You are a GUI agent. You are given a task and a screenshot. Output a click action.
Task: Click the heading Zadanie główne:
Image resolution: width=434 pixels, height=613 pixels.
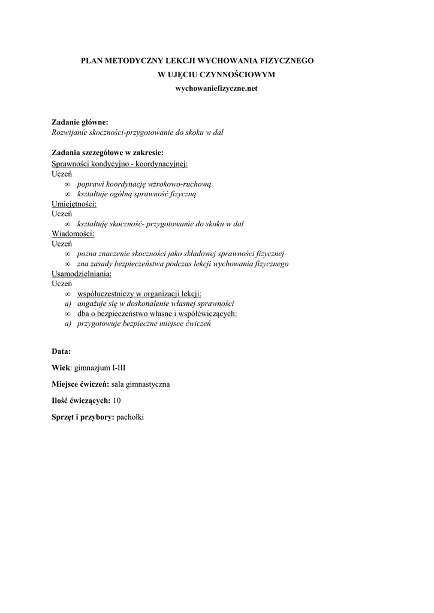point(80,122)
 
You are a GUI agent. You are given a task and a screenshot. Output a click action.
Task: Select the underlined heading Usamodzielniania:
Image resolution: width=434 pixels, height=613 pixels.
point(82,273)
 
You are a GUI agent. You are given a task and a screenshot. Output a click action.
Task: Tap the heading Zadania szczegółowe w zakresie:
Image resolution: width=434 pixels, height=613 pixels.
point(107,152)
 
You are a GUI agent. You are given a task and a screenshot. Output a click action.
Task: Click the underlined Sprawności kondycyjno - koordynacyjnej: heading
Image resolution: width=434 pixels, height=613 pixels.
point(120,163)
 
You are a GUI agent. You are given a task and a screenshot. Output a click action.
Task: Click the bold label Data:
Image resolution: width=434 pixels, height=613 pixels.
point(61,351)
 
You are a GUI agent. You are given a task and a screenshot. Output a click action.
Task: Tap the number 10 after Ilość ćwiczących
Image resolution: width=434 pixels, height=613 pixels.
point(116,400)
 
